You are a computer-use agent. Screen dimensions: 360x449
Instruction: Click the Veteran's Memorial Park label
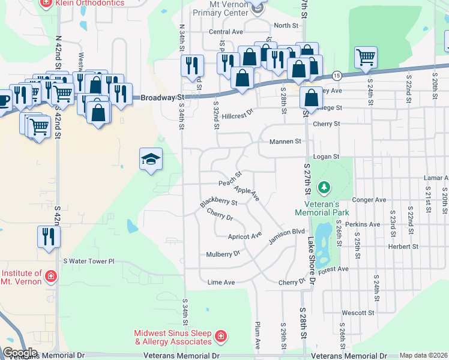(322, 208)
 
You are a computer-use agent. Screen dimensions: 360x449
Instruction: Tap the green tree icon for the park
(324, 188)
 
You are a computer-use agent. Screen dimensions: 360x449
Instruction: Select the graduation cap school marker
(151, 159)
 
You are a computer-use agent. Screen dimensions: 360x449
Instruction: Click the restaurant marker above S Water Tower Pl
(49, 236)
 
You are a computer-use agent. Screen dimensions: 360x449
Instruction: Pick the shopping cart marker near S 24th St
(365, 58)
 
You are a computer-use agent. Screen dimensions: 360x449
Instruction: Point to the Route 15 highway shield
(337, 75)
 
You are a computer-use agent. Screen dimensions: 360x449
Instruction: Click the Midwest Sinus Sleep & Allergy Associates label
(173, 337)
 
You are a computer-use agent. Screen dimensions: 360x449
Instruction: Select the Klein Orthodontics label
(90, 3)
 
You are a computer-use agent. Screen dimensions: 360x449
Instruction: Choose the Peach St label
(230, 178)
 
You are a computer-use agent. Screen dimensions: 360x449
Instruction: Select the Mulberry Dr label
(223, 254)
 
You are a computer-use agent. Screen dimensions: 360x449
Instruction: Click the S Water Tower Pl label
(88, 262)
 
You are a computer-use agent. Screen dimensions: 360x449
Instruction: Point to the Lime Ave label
(220, 282)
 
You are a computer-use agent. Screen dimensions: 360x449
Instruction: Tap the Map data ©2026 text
(423, 355)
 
